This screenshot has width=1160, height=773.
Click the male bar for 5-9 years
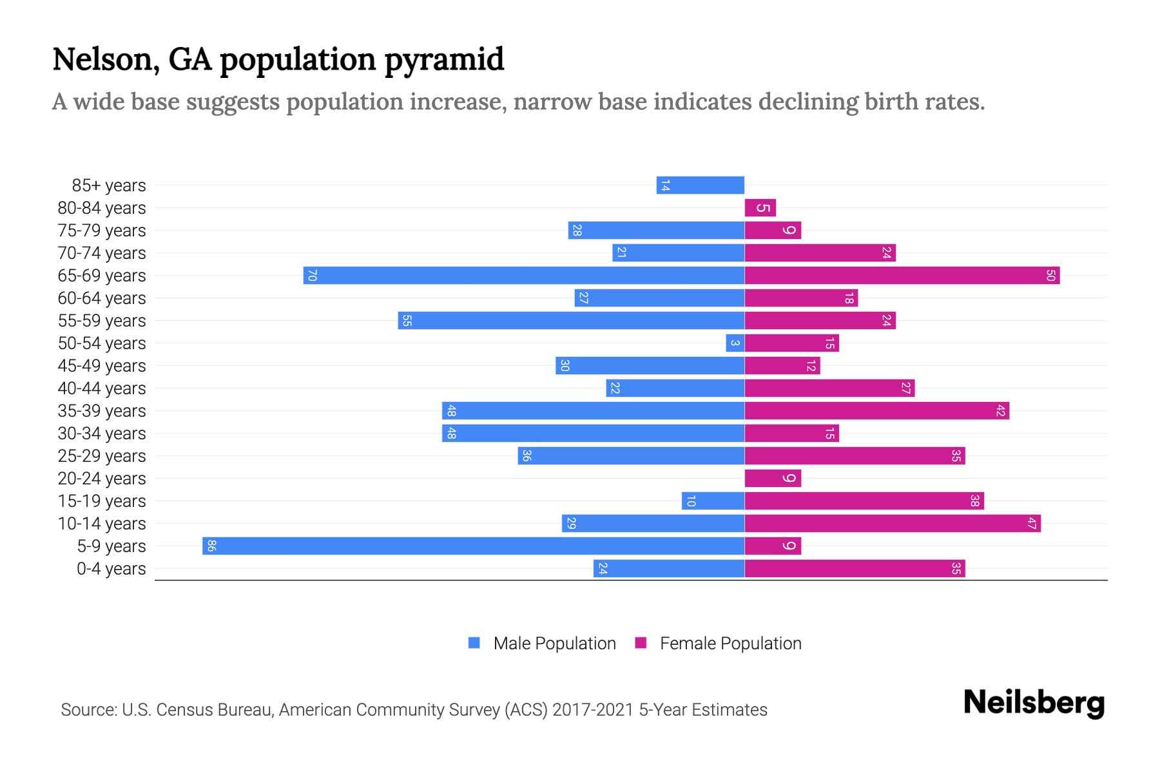474,546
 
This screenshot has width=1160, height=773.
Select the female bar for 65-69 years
902,276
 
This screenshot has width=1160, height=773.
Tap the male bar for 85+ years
701,186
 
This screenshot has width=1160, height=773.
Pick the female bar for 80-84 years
760,208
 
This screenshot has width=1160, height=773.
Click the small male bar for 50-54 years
735,343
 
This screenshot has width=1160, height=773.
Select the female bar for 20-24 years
773,479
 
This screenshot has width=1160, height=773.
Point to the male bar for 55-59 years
571,321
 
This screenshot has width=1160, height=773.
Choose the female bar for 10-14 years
893,524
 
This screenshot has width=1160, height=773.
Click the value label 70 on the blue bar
312,276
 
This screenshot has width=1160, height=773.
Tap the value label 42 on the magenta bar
1000,411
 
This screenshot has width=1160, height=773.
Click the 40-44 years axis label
102,388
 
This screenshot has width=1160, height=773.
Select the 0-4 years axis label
111,569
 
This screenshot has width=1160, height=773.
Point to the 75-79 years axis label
102,231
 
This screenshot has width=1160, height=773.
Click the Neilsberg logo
1034,703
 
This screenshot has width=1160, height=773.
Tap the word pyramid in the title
445,60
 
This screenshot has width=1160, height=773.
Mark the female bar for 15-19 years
864,501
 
